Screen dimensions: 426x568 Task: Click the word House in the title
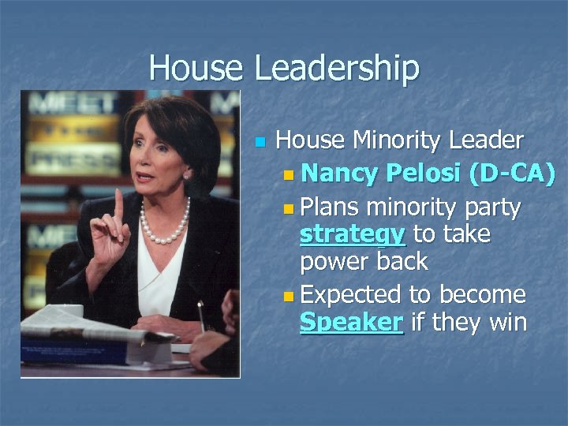[x=197, y=68]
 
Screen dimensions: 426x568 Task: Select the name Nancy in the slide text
[x=340, y=174]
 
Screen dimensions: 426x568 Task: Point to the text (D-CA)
[x=512, y=174]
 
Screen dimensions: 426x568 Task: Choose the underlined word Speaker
[x=352, y=322]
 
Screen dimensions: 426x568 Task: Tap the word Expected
[x=351, y=295]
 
